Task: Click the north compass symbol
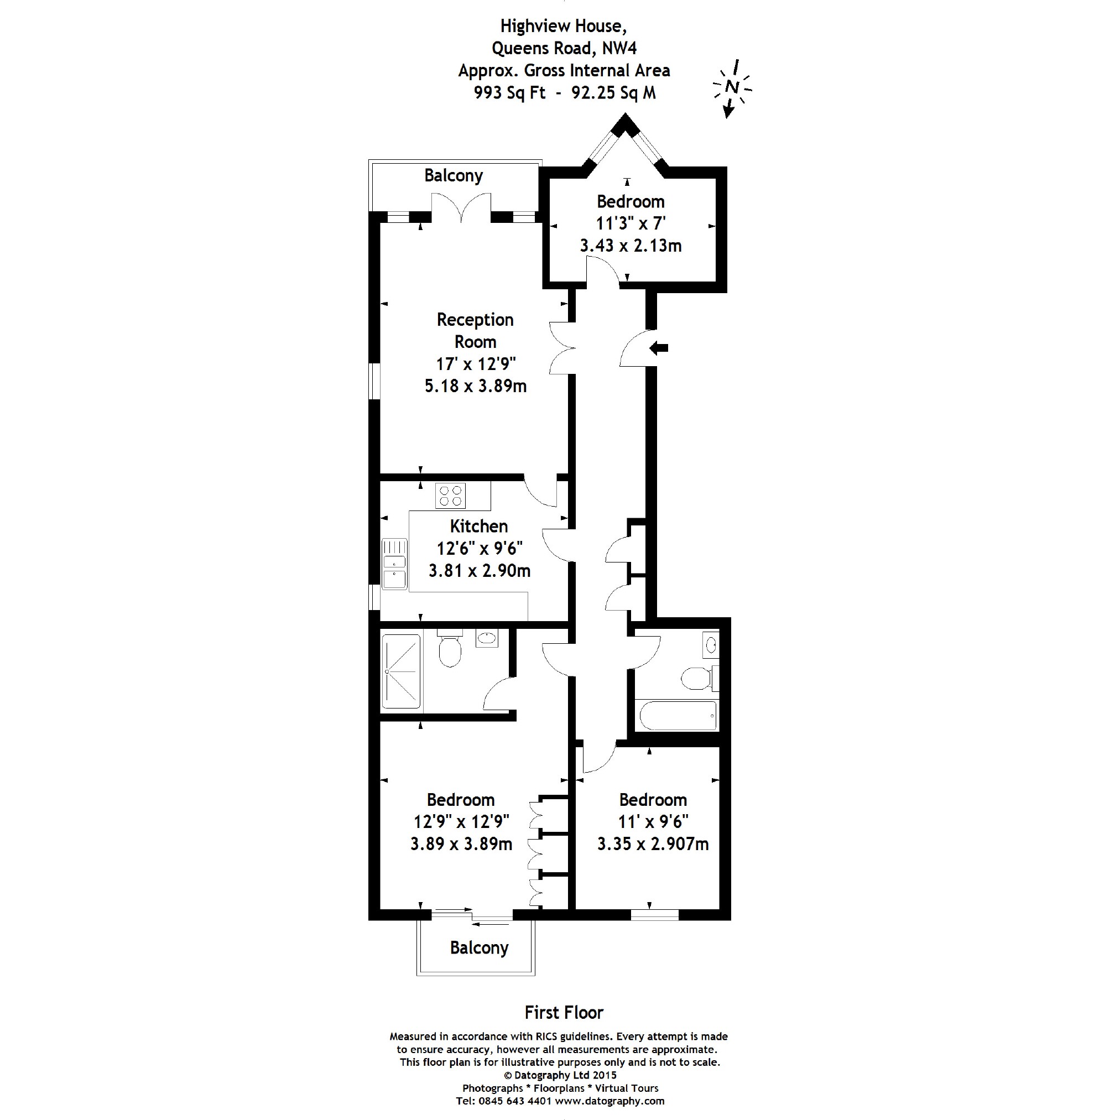pos(732,88)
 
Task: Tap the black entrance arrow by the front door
pos(659,348)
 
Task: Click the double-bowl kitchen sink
pos(395,564)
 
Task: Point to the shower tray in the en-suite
pos(400,671)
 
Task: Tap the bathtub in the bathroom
pos(678,716)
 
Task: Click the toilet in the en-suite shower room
pos(449,648)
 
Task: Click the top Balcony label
pos(454,175)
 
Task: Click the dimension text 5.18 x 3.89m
pos(475,386)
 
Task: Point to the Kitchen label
pos(479,526)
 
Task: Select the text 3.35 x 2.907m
pos(653,843)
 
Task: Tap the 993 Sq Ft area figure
pos(509,93)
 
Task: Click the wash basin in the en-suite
pos(486,639)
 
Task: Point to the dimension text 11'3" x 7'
pos(631,223)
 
